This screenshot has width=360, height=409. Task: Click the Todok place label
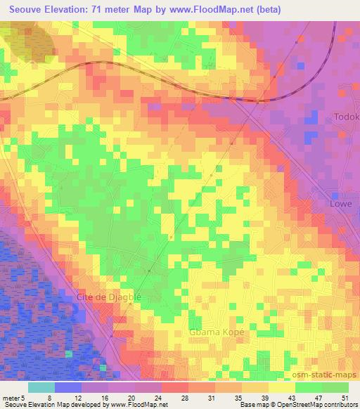[347, 116]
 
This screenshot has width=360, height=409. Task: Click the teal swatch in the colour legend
[41, 387]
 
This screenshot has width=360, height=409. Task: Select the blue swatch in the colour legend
[68, 387]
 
